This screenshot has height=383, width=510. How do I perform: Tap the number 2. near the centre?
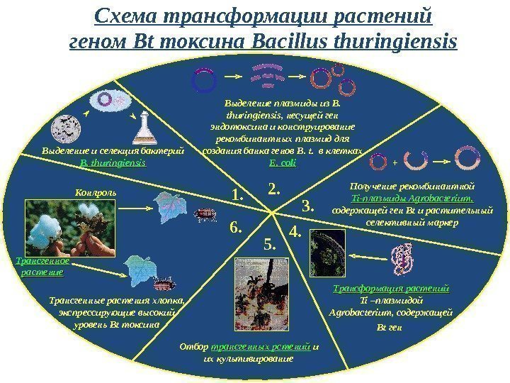pyautogui.click(x=274, y=188)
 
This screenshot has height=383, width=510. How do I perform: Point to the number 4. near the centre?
pyautogui.click(x=295, y=231)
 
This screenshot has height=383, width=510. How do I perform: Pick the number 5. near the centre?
pyautogui.click(x=271, y=245)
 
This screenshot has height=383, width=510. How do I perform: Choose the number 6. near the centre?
pyautogui.click(x=236, y=228)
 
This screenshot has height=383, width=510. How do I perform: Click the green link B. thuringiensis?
pyautogui.click(x=113, y=162)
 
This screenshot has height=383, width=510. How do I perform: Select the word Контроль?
pyautogui.click(x=96, y=191)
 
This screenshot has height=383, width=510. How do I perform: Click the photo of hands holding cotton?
pyautogui.click(x=56, y=228)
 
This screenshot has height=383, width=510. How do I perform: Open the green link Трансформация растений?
pyautogui.click(x=391, y=289)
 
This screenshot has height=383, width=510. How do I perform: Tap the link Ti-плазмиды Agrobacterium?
pyautogui.click(x=392, y=199)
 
